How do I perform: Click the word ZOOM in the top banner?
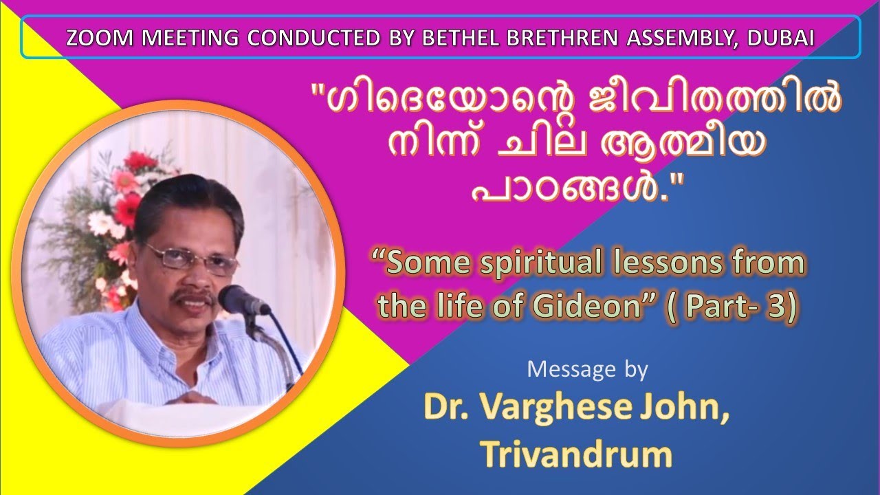coord(95,38)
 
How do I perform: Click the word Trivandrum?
coord(576,454)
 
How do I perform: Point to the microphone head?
coord(237,299)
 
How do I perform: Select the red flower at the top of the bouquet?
coord(141,162)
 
